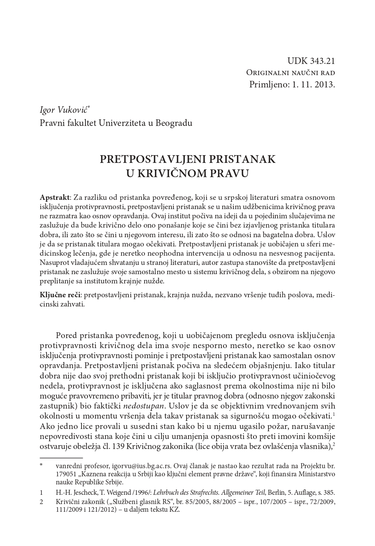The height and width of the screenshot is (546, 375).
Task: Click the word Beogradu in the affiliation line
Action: tap(175, 123)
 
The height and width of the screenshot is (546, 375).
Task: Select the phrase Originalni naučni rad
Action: tap(290, 73)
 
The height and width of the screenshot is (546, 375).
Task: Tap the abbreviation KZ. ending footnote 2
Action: tap(175, 510)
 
